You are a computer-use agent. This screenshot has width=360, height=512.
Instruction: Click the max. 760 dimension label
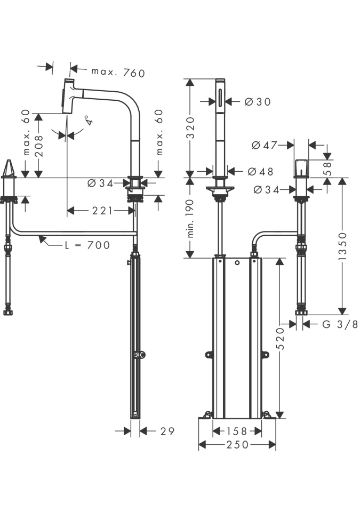118,73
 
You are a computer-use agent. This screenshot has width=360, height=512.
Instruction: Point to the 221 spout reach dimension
102,211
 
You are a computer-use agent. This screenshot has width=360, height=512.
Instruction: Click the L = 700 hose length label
87,245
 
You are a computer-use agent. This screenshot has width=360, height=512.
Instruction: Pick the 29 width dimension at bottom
167,431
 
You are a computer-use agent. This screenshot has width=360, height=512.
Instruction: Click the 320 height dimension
190,127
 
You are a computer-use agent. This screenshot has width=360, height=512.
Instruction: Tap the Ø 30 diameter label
258,102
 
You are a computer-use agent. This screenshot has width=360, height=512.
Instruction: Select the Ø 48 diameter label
260,171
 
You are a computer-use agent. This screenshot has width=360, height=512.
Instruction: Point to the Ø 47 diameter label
265,145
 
